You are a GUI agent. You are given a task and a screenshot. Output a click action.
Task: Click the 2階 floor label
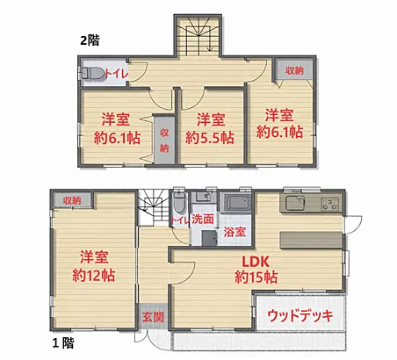[x=90, y=40]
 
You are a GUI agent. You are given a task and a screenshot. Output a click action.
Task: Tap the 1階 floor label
[x=63, y=342]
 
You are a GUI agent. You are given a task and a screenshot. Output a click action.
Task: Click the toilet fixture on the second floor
[x=92, y=73]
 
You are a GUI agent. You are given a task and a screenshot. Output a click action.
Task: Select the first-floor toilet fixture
[x=179, y=202]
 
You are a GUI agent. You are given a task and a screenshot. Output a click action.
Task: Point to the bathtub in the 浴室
[x=238, y=202]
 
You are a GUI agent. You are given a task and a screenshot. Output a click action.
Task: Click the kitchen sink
[x=295, y=203]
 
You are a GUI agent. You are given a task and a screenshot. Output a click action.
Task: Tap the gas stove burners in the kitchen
[x=330, y=204]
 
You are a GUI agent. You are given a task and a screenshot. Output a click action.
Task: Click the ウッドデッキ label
[x=300, y=316]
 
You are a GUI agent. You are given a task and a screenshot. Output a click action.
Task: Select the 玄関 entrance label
[x=153, y=317]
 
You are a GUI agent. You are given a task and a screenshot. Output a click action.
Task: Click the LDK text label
[x=256, y=262]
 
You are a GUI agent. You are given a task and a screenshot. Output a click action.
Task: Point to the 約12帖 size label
[x=94, y=275]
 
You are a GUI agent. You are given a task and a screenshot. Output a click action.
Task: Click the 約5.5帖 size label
[x=210, y=138]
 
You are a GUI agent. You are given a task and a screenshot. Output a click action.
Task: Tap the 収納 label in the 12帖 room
[x=72, y=200]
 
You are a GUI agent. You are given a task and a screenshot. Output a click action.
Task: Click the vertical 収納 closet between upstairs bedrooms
[x=164, y=140]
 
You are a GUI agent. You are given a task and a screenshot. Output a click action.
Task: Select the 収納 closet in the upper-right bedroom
[x=294, y=70]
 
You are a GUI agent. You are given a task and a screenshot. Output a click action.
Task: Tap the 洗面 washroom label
[x=203, y=219]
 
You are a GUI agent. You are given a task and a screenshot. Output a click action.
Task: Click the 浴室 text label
[x=235, y=232]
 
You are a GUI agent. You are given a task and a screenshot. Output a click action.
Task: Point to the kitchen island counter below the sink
[x=311, y=240]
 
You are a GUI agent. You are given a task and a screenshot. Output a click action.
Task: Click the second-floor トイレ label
[x=117, y=74]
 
